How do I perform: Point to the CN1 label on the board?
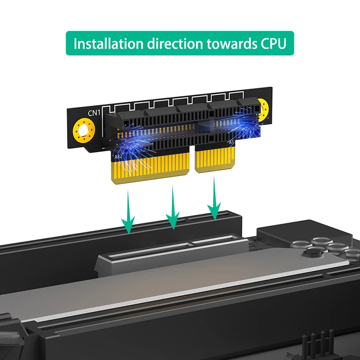(94, 113)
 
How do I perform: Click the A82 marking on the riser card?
(118, 157)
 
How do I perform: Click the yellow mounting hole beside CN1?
(84, 130)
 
